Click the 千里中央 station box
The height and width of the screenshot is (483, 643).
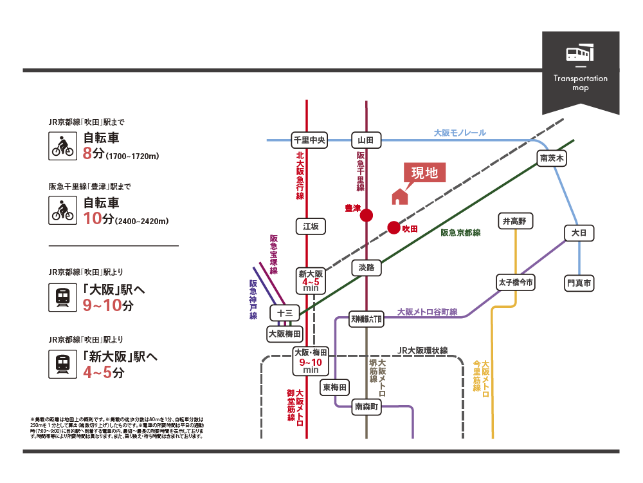click(x=310, y=140)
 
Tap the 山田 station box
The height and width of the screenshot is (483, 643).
click(x=367, y=140)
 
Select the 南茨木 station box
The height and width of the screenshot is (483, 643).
click(x=552, y=158)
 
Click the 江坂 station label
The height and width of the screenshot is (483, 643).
click(x=311, y=226)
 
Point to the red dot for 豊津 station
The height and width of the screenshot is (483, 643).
click(x=367, y=216)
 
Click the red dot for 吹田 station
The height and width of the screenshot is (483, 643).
click(x=394, y=228)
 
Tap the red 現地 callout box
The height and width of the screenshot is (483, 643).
click(x=424, y=173)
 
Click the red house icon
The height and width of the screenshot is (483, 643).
click(x=399, y=196)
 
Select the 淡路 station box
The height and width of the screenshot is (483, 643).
click(x=367, y=268)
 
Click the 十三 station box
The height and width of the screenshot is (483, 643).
click(x=284, y=313)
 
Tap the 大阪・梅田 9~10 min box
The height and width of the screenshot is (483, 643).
click(x=311, y=361)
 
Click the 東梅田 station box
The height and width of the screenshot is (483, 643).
click(x=335, y=387)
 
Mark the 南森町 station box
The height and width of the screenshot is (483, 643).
click(x=367, y=406)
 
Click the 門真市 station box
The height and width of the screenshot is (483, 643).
click(x=579, y=282)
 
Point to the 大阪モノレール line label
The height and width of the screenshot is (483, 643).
click(x=459, y=133)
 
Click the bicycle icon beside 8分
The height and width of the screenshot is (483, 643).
click(x=62, y=146)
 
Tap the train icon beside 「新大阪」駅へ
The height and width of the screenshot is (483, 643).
click(x=62, y=365)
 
